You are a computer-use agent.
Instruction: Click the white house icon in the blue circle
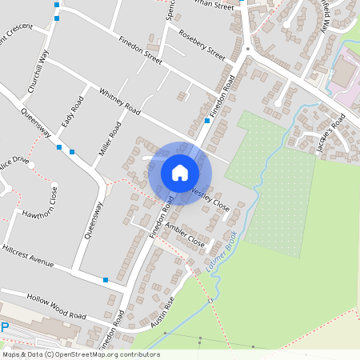pyautogui.click(x=180, y=173)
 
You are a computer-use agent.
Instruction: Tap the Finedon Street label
pyautogui.click(x=140, y=49)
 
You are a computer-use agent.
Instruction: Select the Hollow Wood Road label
pyautogui.click(x=55, y=305)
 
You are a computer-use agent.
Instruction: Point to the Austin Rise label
pyautogui.click(x=162, y=314)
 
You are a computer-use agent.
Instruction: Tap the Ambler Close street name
pyautogui.click(x=185, y=234)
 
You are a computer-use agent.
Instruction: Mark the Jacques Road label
pyautogui.click(x=330, y=133)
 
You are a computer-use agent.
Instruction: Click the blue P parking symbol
pyautogui.click(x=4, y=326)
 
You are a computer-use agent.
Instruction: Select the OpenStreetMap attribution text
pyautogui.click(x=81, y=354)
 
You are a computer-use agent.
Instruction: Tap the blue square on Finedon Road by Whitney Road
pyautogui.click(x=207, y=121)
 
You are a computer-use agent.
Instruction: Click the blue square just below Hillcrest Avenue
pyautogui.click(x=106, y=280)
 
